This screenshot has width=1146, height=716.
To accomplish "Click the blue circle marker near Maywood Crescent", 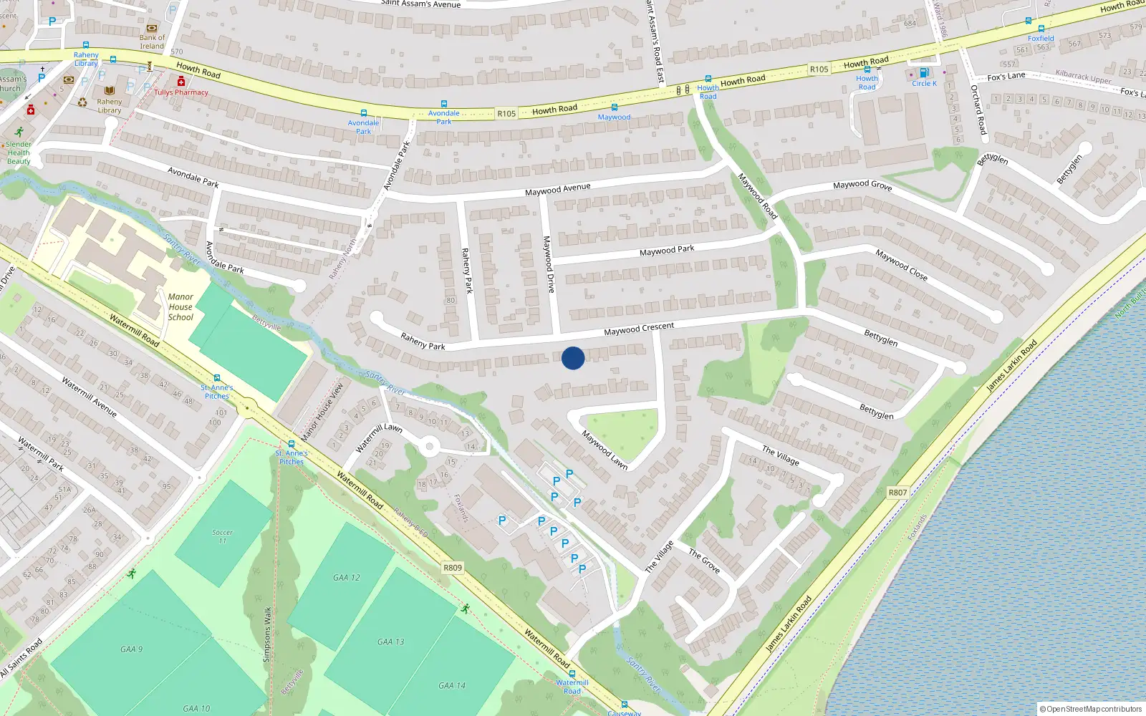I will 573,358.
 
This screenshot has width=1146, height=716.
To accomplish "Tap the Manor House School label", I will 180,307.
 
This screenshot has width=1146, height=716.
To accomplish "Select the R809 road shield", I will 453,568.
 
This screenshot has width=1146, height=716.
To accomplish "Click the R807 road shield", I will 897,493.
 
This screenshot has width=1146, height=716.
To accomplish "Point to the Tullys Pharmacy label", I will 181,92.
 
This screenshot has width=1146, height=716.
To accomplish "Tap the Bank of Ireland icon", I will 151,29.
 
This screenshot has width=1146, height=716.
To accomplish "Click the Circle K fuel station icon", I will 924,73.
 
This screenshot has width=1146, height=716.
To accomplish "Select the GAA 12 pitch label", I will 347,577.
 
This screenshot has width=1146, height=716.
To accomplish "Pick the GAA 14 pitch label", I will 452,685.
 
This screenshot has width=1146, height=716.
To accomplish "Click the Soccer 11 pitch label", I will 222,536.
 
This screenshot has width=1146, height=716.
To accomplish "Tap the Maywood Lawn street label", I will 604,450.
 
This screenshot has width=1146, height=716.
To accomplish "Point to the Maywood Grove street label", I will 862,185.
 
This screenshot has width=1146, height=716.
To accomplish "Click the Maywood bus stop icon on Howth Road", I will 614,107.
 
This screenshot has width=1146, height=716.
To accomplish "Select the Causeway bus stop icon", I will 625,705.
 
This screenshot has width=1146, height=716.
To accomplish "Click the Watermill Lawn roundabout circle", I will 429,448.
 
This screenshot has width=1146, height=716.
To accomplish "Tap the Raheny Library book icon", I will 110,91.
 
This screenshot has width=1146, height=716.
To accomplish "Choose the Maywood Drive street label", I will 549,264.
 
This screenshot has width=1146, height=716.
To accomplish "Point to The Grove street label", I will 704,561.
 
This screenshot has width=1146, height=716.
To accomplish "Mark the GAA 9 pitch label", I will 131,649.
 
